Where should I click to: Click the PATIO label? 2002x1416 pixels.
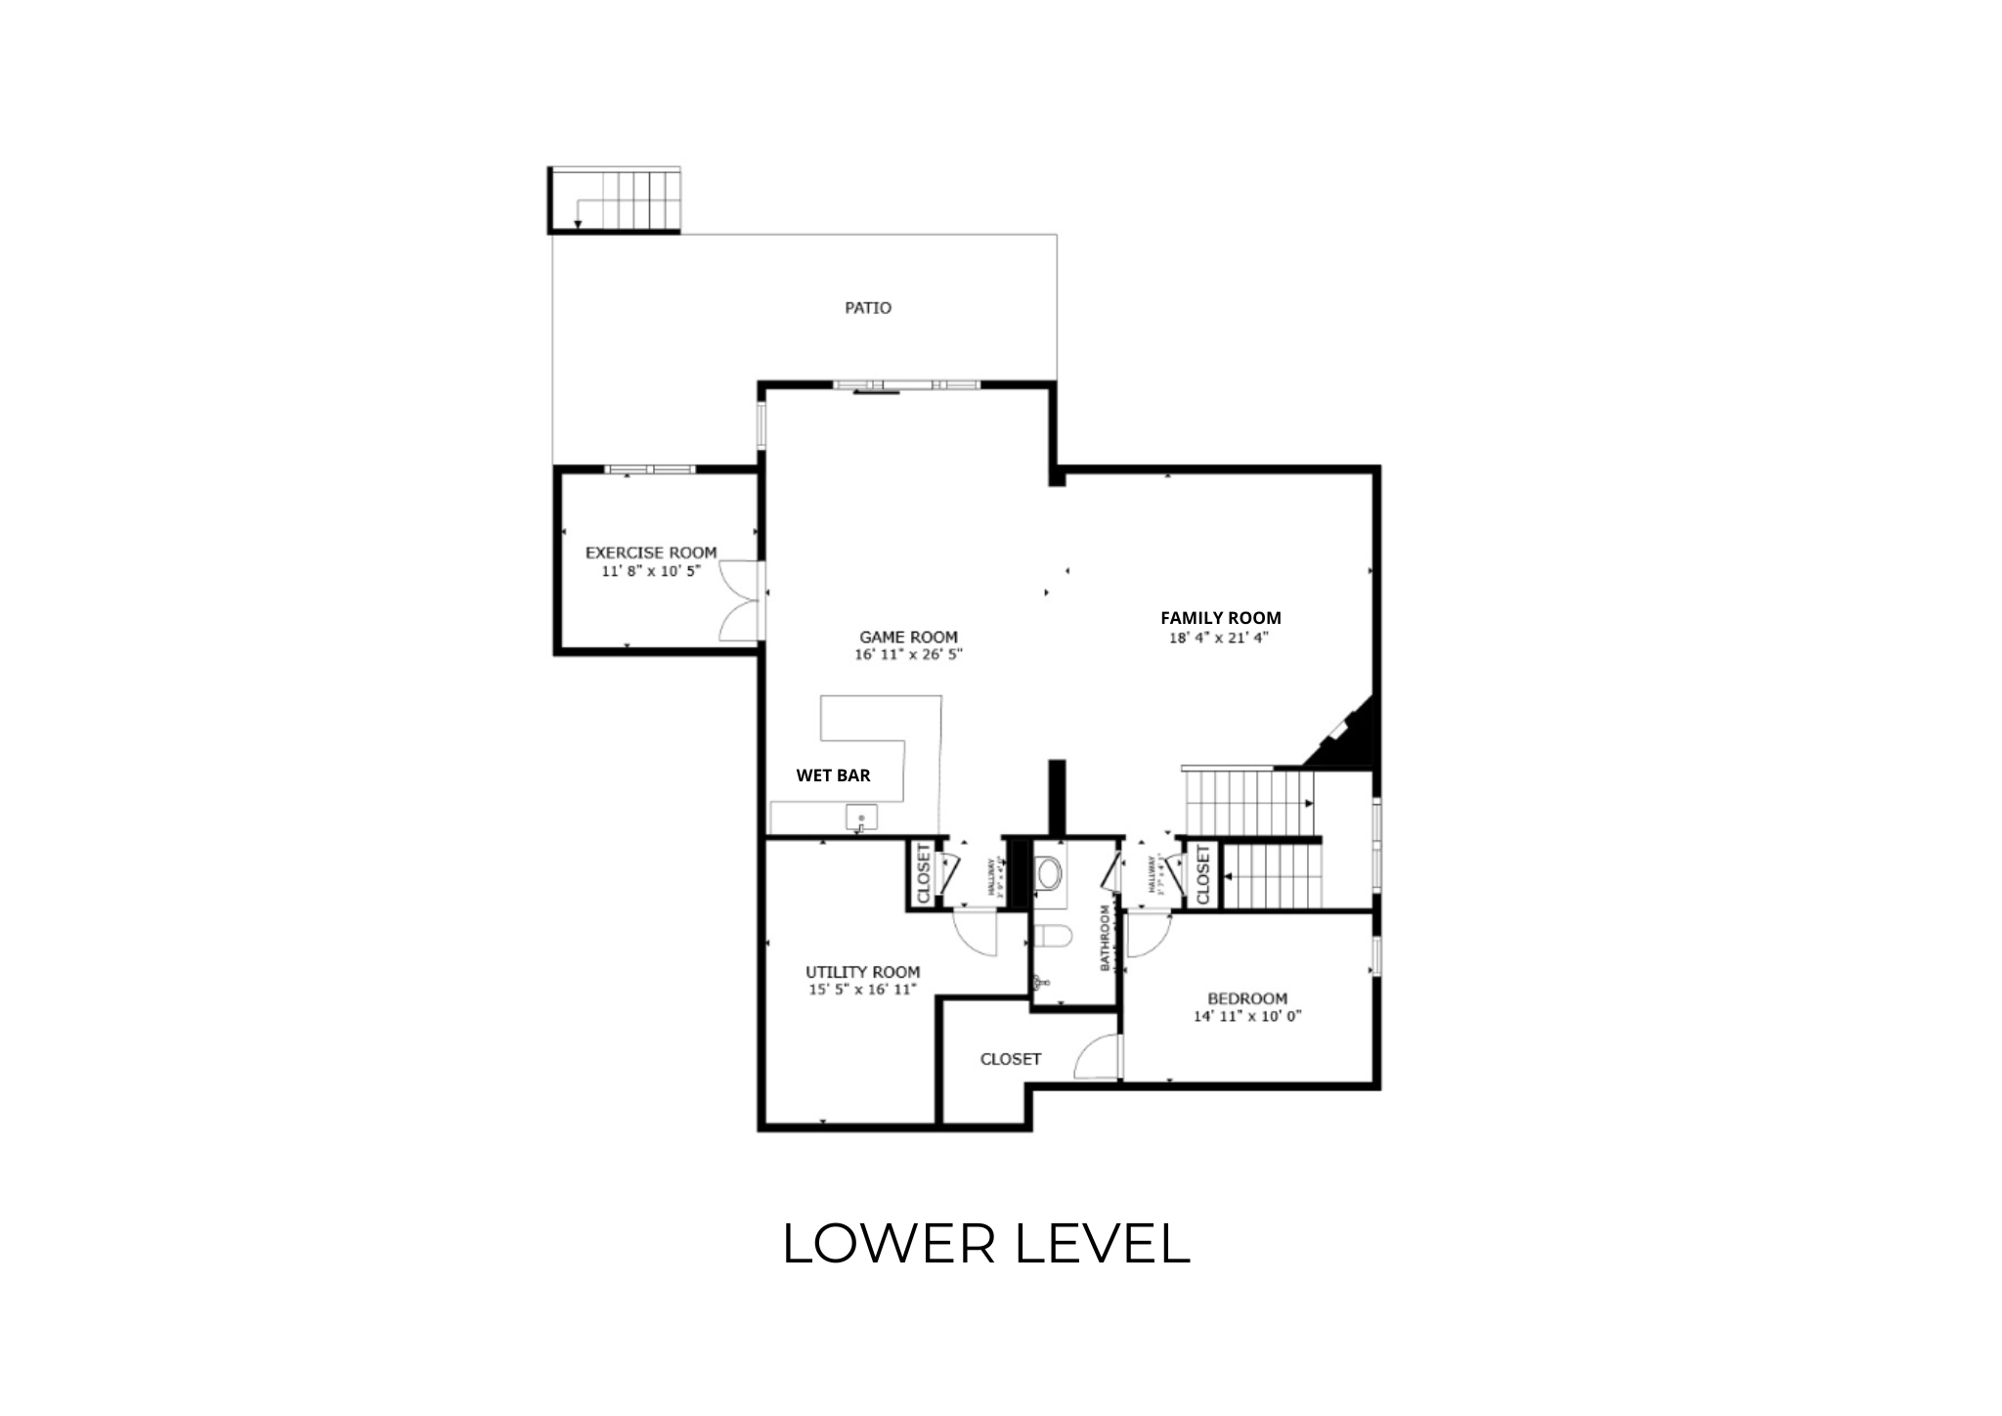(868, 308)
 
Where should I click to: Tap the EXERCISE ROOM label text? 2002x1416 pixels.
(651, 553)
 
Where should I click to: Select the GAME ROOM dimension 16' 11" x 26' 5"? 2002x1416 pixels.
(908, 655)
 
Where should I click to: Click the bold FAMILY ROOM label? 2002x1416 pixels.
(1220, 618)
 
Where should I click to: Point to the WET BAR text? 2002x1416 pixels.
(833, 775)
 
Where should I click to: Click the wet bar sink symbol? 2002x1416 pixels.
(861, 818)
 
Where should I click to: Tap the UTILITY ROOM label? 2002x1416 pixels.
(862, 972)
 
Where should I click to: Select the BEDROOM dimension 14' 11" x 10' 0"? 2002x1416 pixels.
(1247, 1016)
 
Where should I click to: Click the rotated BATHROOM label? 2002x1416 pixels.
(1107, 938)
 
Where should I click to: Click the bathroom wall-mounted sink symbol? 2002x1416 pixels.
(1042, 984)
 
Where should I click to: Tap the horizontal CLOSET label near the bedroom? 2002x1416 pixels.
(1011, 1059)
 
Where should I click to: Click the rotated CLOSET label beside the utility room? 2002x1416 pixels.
(922, 874)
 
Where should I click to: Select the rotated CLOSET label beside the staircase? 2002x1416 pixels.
(1203, 874)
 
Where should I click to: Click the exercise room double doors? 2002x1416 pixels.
(740, 601)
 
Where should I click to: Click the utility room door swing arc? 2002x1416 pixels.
(976, 934)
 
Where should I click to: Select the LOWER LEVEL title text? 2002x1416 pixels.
(986, 1244)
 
